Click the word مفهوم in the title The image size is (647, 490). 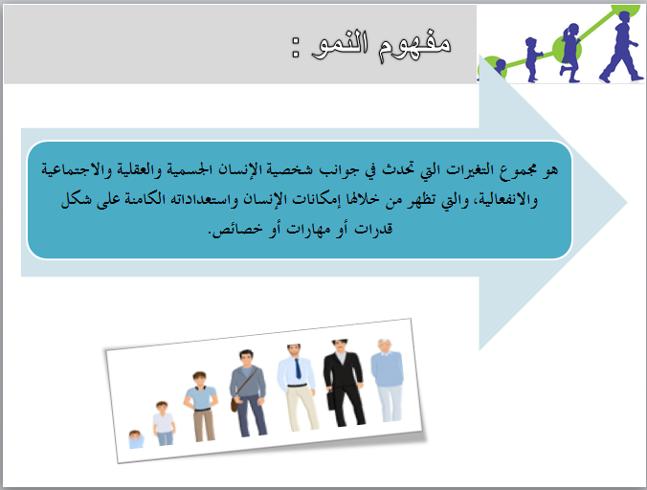[x=414, y=45]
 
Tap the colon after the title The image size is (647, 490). [x=296, y=47]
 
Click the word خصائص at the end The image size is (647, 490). [x=237, y=230]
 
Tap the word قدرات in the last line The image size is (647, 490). [x=373, y=229]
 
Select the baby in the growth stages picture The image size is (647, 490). [x=136, y=439]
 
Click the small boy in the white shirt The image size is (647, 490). [x=164, y=423]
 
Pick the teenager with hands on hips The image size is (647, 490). [x=201, y=407]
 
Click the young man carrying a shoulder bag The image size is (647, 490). [x=248, y=393]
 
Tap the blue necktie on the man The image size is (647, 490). [x=298, y=367]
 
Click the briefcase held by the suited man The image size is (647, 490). [x=331, y=399]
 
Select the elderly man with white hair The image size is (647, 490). [x=387, y=380]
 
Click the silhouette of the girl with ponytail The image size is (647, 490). [x=569, y=53]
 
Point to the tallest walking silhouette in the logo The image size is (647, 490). [x=621, y=46]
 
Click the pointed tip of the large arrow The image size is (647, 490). [x=627, y=202]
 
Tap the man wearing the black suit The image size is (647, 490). [x=344, y=383]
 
